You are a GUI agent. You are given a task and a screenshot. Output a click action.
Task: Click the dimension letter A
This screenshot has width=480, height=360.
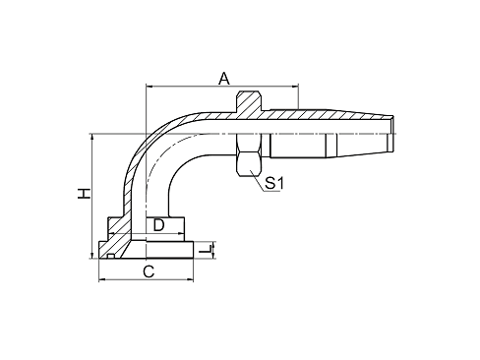223,78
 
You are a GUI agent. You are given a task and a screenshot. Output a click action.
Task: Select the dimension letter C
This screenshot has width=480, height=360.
149,270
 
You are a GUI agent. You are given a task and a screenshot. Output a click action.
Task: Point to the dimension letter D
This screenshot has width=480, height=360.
158,226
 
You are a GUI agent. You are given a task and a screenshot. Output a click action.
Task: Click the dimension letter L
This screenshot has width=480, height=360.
206,254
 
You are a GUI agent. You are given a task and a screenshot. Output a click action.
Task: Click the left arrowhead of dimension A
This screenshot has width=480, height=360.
149,89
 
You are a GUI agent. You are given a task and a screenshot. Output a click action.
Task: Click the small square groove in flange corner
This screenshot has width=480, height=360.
113,253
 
